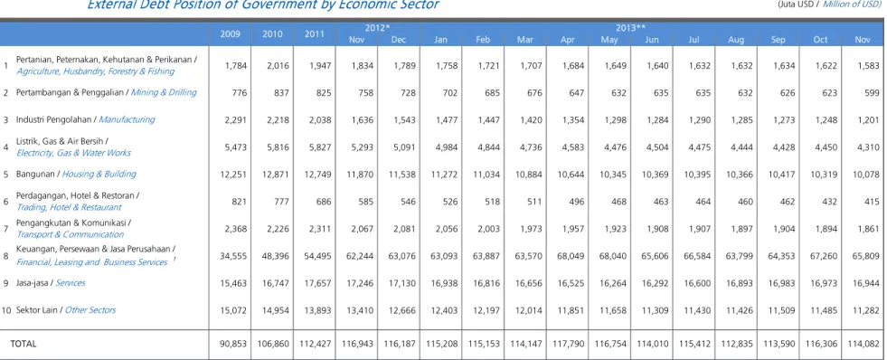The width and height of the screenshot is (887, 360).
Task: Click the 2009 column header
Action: click(230, 34)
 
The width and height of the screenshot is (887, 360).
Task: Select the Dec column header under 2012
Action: click(398, 40)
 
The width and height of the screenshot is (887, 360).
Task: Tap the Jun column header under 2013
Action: click(652, 40)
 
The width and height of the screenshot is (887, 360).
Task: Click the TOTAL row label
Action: click(24, 344)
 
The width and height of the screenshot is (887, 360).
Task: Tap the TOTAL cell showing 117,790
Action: click(571, 344)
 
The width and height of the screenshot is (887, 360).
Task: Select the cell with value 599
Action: click(873, 92)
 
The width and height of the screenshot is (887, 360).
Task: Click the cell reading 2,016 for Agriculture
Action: click(278, 65)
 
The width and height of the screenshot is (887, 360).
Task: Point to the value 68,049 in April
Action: click(571, 255)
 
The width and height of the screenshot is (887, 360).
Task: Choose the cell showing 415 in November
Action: click(873, 201)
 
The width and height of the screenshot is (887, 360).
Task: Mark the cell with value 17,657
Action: click(318, 282)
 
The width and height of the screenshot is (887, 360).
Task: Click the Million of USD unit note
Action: click(854, 4)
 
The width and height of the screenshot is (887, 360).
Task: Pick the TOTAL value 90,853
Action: click(233, 344)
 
